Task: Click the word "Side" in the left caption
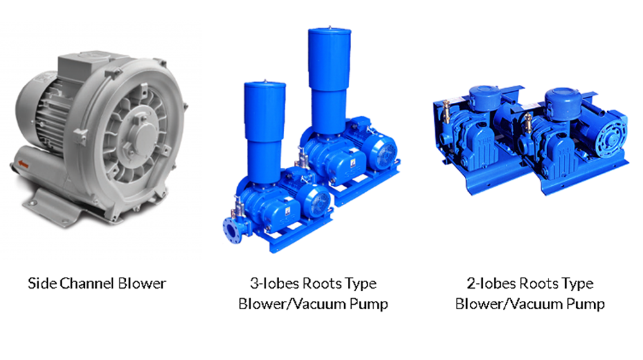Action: pyautogui.click(x=41, y=283)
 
